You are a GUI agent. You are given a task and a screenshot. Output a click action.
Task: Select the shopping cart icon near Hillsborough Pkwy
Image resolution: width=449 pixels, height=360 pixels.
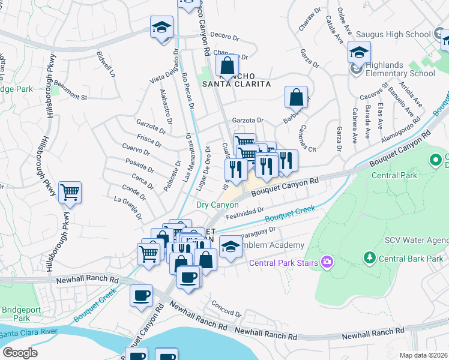point(70,193)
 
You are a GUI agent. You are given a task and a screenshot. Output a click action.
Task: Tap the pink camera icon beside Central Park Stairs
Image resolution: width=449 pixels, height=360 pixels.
point(327,261)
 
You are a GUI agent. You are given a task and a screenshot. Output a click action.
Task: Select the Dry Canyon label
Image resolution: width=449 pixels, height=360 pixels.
point(217,205)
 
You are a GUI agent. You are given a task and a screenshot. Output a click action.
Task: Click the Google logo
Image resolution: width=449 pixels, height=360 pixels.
point(20,353)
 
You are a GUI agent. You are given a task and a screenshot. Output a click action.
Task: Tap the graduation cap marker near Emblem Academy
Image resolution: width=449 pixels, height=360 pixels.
point(231,245)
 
